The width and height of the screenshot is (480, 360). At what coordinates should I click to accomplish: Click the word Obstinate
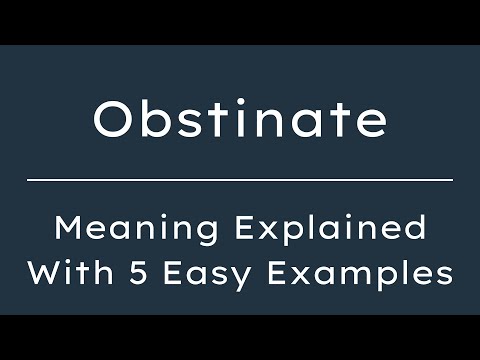coord(240,120)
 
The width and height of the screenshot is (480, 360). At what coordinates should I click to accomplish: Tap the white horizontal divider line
coord(240,180)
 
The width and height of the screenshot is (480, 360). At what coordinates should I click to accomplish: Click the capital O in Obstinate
coord(112,120)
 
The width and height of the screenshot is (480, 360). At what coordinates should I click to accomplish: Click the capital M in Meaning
coord(69,228)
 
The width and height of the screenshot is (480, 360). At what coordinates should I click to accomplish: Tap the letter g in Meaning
coord(185,233)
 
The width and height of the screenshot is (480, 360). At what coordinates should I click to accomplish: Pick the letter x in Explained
coord(276,231)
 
